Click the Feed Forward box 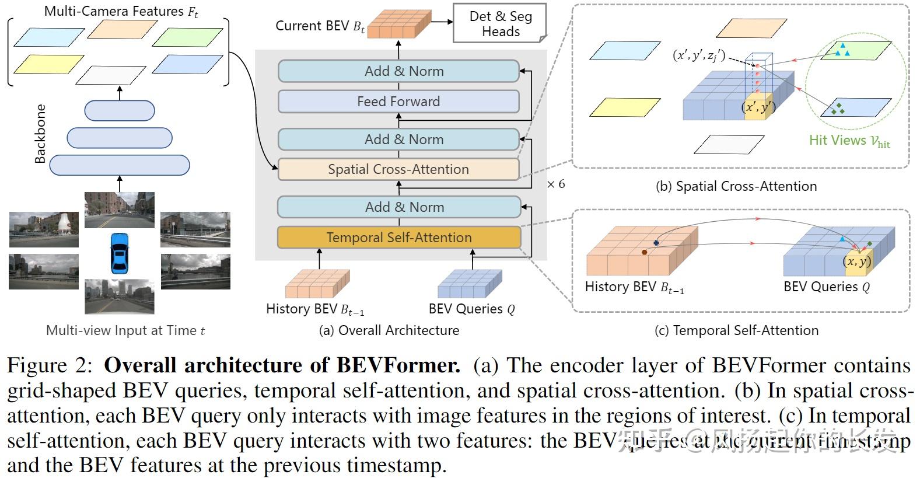(398, 102)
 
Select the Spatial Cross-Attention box (398, 169)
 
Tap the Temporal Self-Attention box (398, 238)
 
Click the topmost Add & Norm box (398, 71)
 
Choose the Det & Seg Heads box (500, 24)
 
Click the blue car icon (119, 252)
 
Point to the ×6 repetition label (555, 184)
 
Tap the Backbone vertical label (40, 134)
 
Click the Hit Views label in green (849, 141)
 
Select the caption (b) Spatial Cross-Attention (736, 186)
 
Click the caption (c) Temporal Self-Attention (736, 330)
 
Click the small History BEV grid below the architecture (317, 284)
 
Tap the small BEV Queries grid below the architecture (470, 284)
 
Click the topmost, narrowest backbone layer (120, 110)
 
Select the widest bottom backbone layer (120, 165)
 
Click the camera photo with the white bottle (44, 229)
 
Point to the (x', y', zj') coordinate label (699, 56)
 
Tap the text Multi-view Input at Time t (125, 330)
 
